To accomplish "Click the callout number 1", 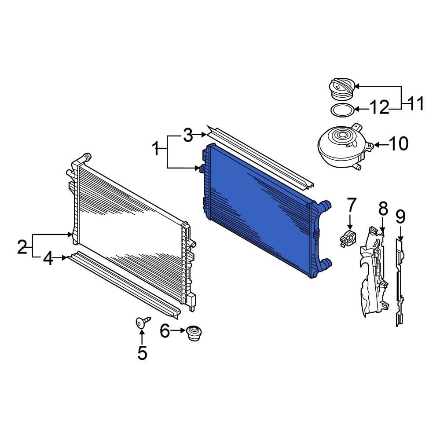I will [156, 149].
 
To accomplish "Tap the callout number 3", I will [188, 135].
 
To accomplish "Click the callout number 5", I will [142, 352].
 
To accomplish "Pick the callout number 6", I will [165, 330].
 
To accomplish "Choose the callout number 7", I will [351, 205].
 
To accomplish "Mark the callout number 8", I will [383, 209].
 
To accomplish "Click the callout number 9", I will [400, 216].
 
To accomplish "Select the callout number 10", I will [399, 144].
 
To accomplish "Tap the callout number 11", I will [415, 104].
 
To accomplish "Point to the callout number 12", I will [379, 107].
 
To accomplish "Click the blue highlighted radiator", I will [260, 207].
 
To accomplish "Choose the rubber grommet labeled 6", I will [192, 333].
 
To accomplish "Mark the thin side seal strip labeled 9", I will [399, 282].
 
